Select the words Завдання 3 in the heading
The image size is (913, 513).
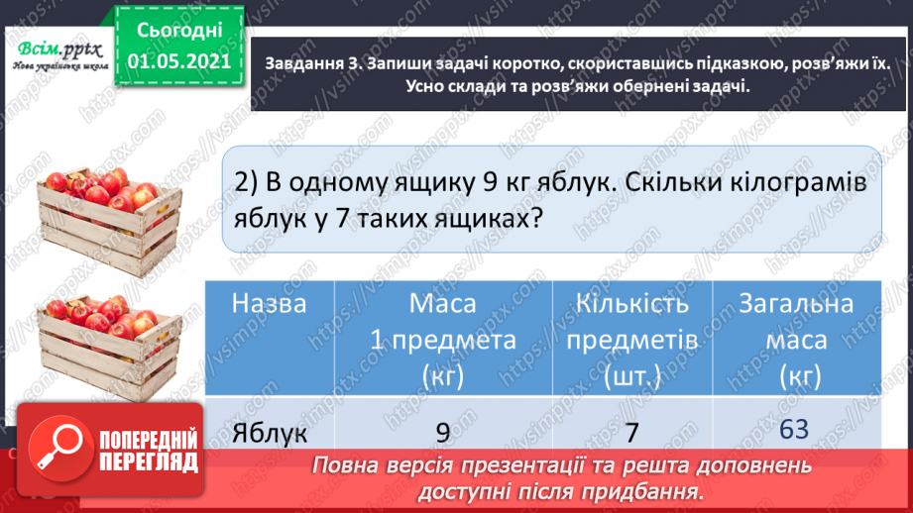click(312, 63)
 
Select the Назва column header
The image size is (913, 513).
click(269, 304)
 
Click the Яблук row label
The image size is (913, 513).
click(269, 433)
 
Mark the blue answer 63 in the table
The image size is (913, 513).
click(794, 430)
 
